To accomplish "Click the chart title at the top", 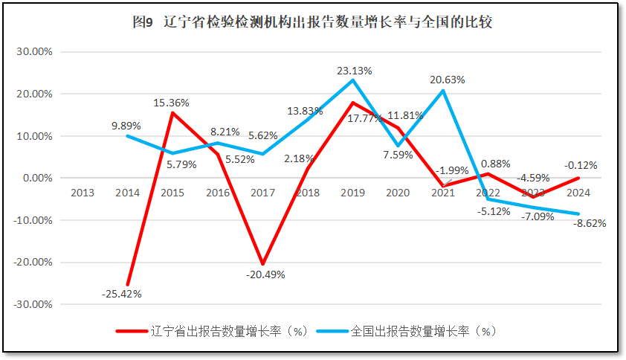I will (x=312, y=22).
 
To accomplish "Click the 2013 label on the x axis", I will (x=83, y=193).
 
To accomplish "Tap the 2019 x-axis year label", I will (x=352, y=193).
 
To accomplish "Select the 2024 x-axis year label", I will (x=578, y=193).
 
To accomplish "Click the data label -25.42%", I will (x=121, y=294).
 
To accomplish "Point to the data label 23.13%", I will (x=355, y=71).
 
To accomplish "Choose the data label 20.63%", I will (x=447, y=80).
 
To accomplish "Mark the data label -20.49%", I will (x=265, y=274).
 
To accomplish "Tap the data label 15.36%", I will (x=171, y=103).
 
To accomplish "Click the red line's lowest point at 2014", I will (x=128, y=285).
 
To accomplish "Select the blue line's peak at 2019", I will (x=352, y=80).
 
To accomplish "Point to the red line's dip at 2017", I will (x=262, y=264).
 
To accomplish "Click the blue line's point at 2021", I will (x=443, y=91).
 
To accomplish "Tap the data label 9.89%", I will (x=126, y=126).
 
